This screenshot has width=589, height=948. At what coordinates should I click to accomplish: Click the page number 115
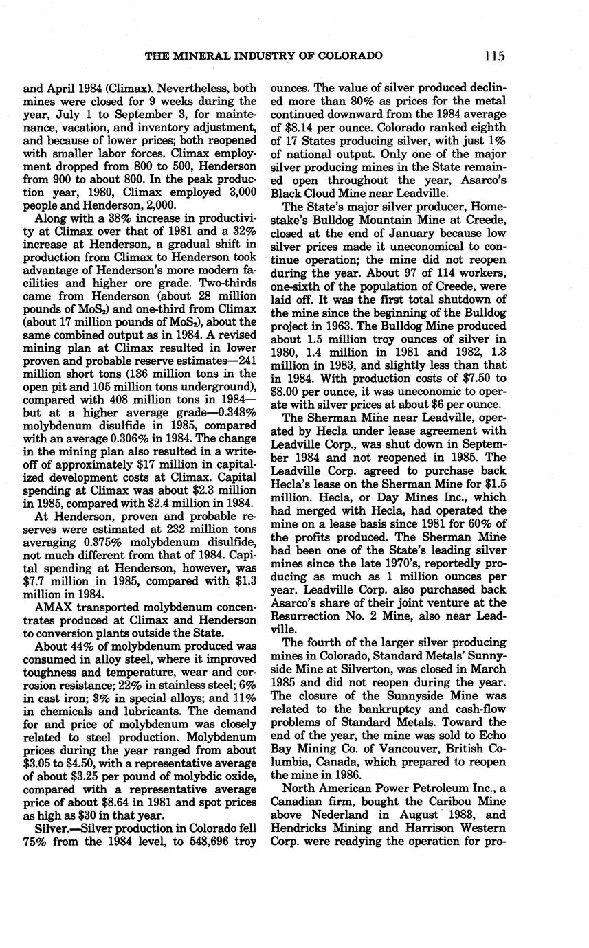click(x=493, y=56)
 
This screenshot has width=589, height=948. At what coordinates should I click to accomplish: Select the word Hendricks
click(x=297, y=828)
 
